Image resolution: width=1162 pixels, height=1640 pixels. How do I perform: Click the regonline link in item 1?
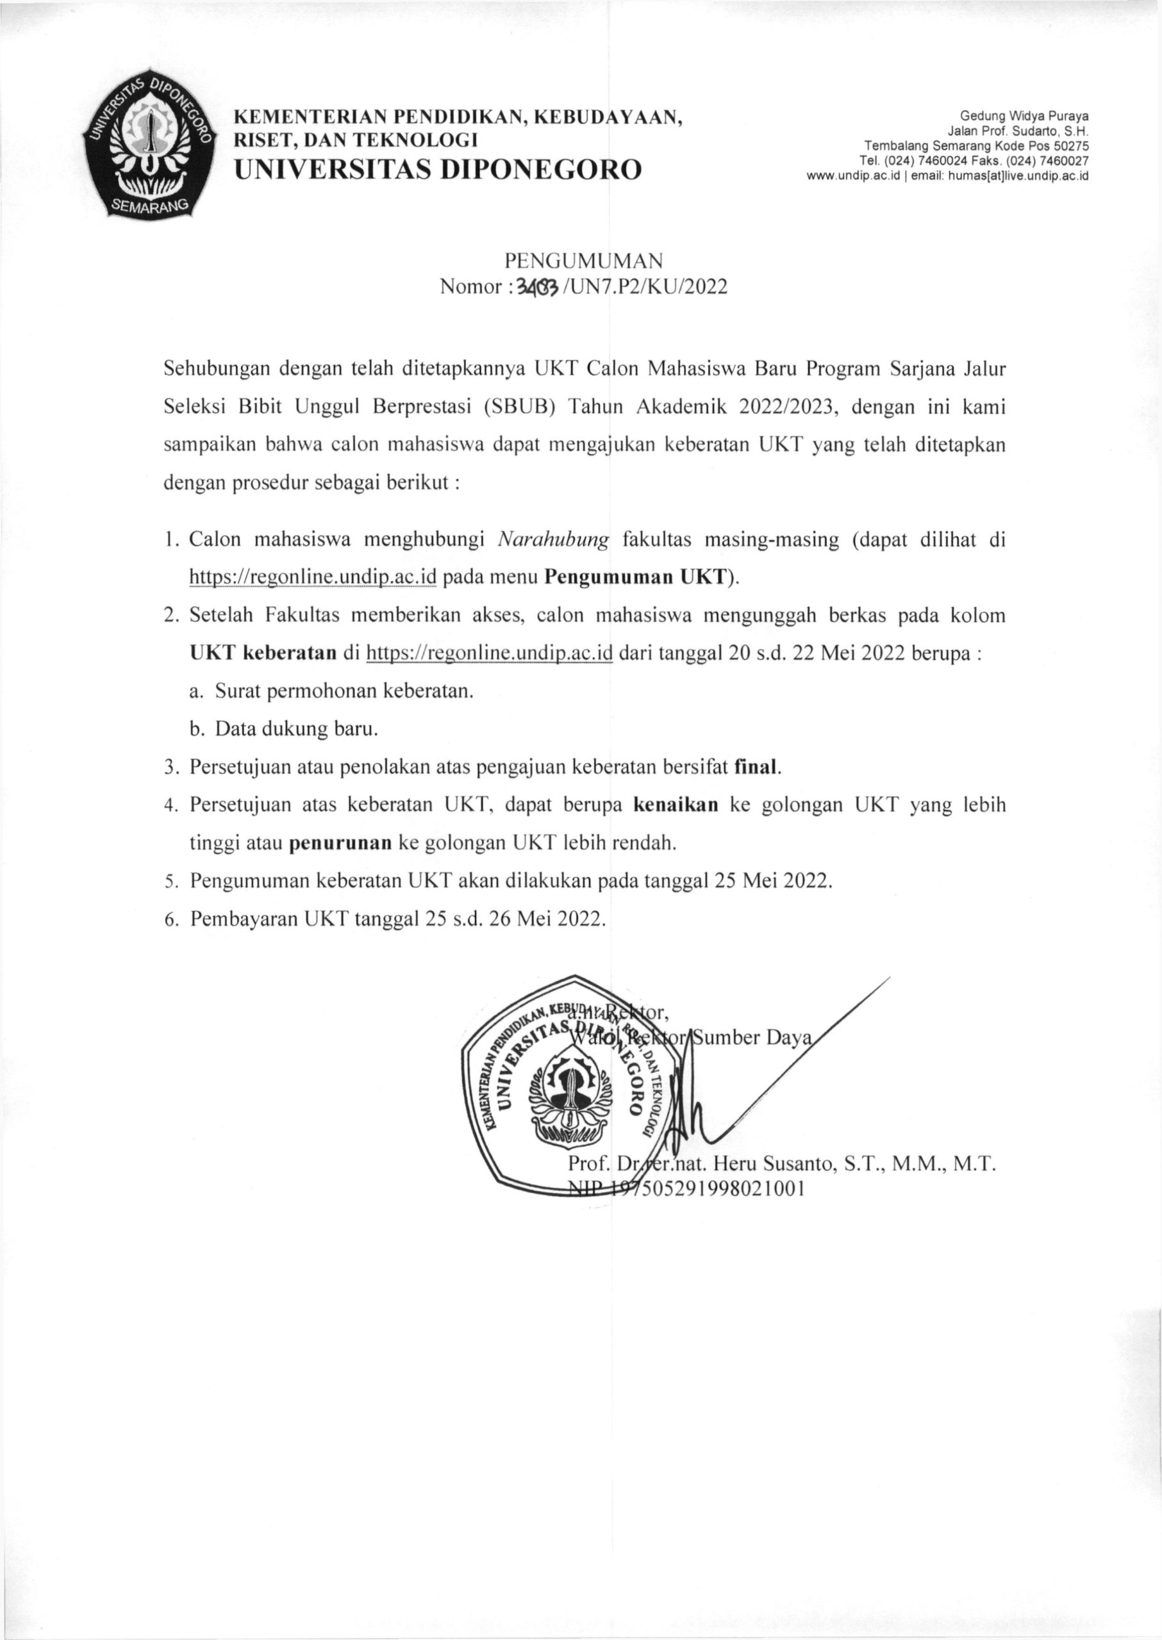tap(312, 578)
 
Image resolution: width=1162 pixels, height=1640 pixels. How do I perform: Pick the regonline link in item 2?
tap(490, 653)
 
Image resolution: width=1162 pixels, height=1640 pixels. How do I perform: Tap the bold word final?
tap(757, 767)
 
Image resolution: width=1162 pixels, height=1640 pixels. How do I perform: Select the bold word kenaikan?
tap(676, 805)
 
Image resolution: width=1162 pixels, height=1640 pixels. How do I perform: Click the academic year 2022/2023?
tap(785, 407)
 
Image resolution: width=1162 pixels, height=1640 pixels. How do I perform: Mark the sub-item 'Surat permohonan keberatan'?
tap(344, 692)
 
